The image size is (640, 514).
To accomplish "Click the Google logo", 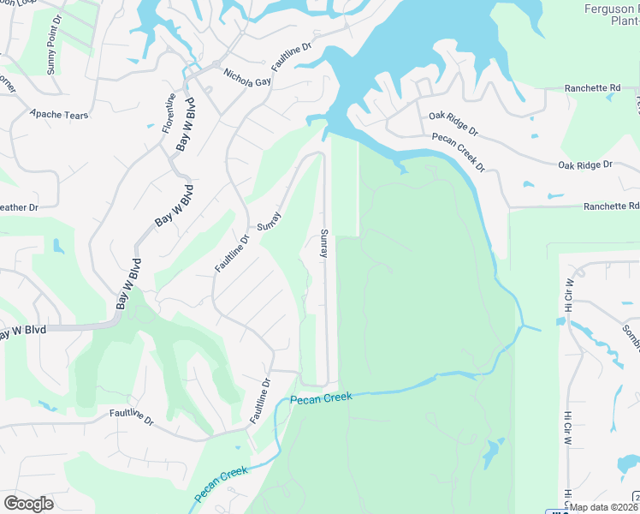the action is pos(28,504).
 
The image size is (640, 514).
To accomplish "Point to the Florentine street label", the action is pos(170,112).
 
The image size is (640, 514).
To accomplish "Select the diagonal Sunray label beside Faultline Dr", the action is pos(270,221).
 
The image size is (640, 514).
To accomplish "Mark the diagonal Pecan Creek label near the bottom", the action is pos(221,484).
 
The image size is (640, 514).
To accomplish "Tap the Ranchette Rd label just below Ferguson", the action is pos(592,88).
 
